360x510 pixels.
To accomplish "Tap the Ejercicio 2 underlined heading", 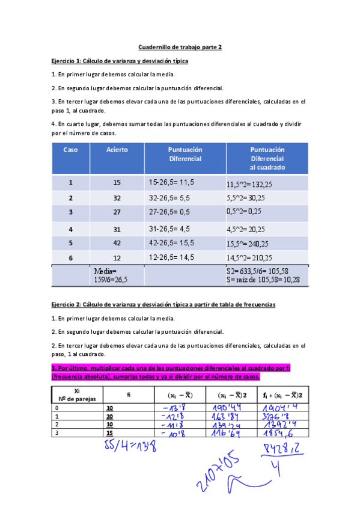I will [x=163, y=305].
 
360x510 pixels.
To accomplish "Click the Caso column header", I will [x=70, y=149].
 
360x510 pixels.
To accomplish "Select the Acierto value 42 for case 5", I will [x=117, y=243].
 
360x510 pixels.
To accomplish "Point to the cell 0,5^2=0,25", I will [x=243, y=212].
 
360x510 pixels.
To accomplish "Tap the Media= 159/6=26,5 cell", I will [x=110, y=275].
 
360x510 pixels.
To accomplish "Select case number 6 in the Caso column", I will [x=70, y=257].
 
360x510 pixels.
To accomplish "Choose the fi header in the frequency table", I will [x=129, y=395].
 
